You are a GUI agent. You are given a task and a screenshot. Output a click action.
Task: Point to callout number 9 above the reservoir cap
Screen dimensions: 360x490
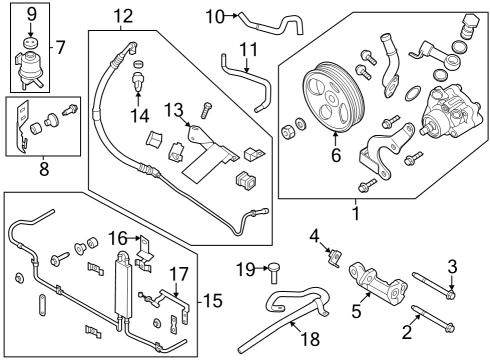click(30, 14)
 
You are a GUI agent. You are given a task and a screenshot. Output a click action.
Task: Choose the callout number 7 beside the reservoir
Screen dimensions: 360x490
click(61, 47)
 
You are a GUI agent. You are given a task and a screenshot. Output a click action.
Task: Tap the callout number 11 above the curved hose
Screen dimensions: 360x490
click(249, 48)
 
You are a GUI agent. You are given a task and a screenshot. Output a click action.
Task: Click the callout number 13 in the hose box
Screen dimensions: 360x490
click(173, 108)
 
